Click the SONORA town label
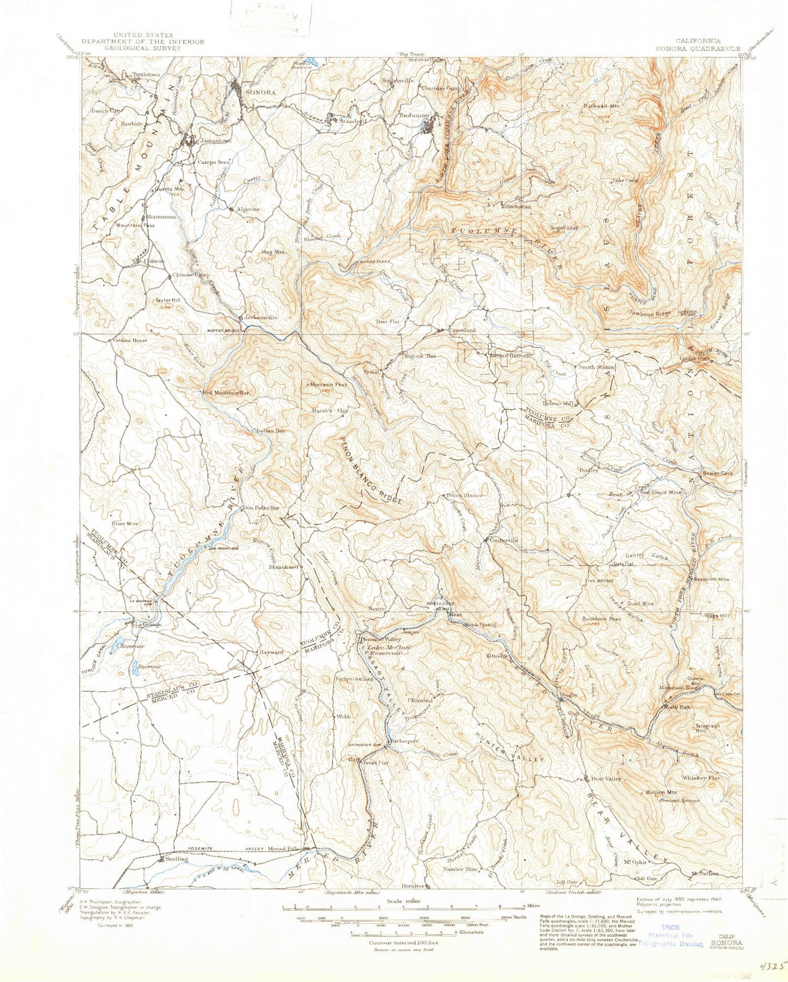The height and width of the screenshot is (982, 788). [x=261, y=92]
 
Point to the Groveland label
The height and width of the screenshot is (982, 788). [x=462, y=330]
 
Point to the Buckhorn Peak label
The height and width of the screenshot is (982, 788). [x=602, y=619]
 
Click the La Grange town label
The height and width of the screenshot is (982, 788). [x=148, y=624]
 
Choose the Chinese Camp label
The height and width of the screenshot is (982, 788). [x=191, y=275]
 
